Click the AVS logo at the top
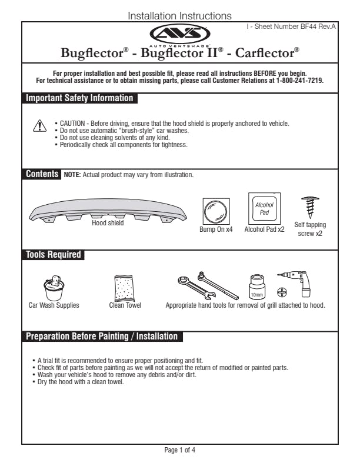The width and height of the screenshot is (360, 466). (x=179, y=34)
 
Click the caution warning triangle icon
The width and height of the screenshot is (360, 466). (x=39, y=126)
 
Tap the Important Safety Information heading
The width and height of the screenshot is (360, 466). (x=79, y=98)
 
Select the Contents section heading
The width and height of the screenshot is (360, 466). (x=42, y=174)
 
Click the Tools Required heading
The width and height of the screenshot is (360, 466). (x=53, y=255)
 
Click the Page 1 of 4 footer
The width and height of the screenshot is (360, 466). (x=179, y=450)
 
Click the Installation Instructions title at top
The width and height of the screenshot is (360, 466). (x=179, y=16)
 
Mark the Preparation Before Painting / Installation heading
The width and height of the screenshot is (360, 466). (x=101, y=337)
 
